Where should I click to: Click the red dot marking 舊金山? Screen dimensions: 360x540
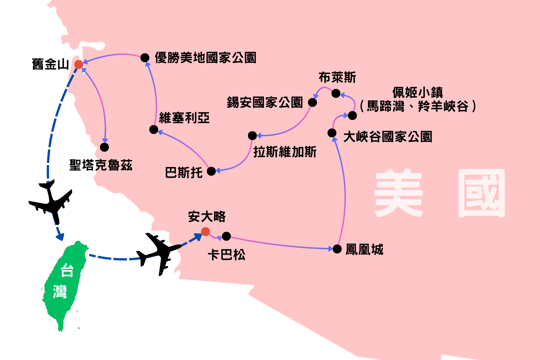(x=79, y=64)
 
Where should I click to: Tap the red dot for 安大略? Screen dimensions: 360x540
(x=206, y=231)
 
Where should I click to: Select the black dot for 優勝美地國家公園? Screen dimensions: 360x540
(x=145, y=58)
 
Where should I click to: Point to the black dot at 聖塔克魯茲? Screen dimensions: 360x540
(x=104, y=147)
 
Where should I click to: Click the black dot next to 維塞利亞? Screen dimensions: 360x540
(x=154, y=130)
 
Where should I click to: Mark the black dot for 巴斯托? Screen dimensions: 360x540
(x=211, y=171)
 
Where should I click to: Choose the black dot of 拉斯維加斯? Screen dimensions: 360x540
(x=252, y=136)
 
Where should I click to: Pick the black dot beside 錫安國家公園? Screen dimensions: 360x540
(x=312, y=102)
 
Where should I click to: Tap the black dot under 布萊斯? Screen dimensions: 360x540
(x=336, y=93)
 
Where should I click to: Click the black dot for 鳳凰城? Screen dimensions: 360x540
(x=337, y=249)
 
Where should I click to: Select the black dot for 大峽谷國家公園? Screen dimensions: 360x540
(x=332, y=133)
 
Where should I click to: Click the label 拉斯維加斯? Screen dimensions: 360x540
(x=285, y=152)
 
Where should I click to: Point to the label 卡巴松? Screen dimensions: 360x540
(x=226, y=255)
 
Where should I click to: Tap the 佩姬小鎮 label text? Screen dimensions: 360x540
(x=418, y=92)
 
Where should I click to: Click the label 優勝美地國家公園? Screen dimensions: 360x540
(x=205, y=58)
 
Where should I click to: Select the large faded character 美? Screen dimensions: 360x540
(x=399, y=193)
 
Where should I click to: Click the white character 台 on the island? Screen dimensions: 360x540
(x=67, y=270)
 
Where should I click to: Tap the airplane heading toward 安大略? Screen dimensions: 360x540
(x=159, y=252)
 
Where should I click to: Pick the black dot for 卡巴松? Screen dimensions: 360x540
(x=226, y=236)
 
